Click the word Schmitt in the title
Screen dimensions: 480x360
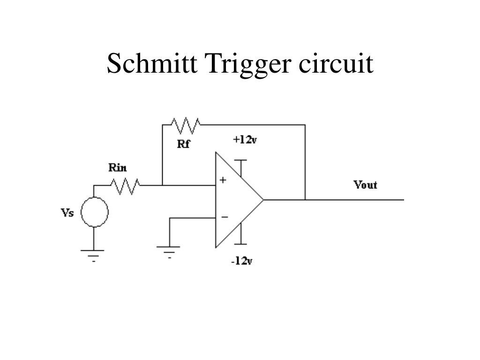(x=152, y=63)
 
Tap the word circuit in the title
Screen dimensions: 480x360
(x=336, y=63)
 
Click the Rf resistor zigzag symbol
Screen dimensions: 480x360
(x=186, y=126)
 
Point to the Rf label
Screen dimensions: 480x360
(x=183, y=143)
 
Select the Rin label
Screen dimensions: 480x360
(x=118, y=167)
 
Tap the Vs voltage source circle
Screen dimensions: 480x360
(x=95, y=212)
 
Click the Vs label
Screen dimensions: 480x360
(x=67, y=212)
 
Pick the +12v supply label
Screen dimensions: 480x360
(x=245, y=140)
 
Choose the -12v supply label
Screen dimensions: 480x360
(x=242, y=261)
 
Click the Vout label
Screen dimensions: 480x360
(x=365, y=185)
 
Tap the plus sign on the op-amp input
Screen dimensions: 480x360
(x=223, y=180)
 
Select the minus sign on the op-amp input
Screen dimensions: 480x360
(x=225, y=217)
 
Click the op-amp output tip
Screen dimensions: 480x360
(x=263, y=200)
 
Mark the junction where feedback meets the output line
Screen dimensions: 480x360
(x=305, y=200)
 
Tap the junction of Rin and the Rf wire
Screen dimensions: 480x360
(x=162, y=185)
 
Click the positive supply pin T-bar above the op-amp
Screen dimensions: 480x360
(x=241, y=160)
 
